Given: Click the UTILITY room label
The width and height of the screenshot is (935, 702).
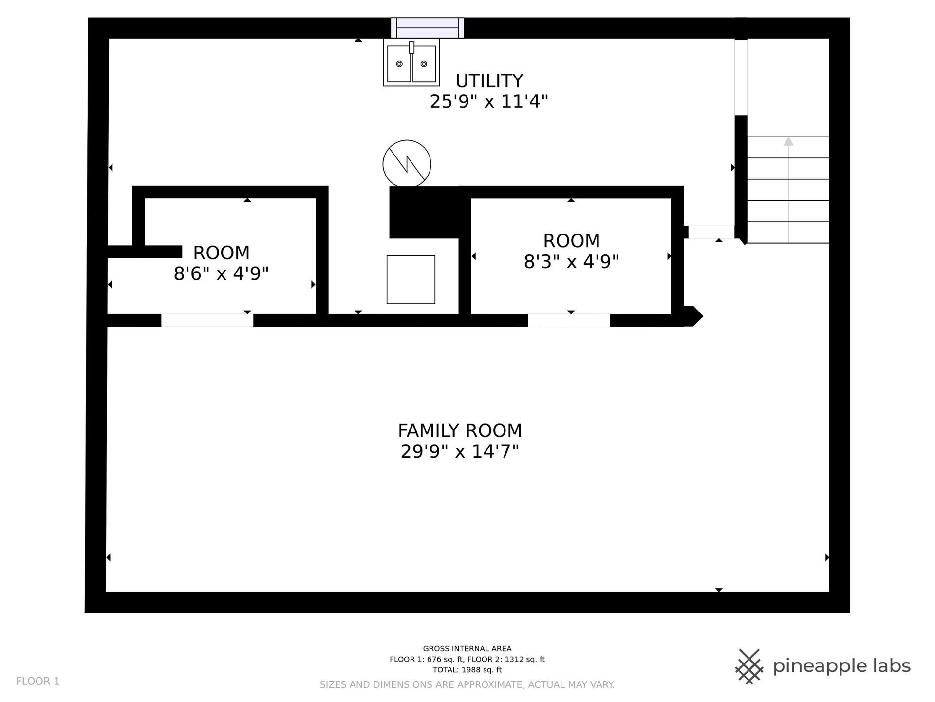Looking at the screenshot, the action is tap(489, 80).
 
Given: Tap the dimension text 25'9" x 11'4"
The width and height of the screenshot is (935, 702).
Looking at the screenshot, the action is tap(489, 102).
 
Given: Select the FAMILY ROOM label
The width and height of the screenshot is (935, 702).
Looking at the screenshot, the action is tap(460, 430).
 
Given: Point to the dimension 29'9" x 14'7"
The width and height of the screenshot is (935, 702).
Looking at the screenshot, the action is tap(460, 452).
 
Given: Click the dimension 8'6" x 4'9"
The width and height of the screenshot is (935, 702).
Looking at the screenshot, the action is tap(221, 274).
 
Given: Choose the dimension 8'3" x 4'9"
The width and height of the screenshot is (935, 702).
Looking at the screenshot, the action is tap(571, 262).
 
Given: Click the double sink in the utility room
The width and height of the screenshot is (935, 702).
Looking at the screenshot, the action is tap(411, 62).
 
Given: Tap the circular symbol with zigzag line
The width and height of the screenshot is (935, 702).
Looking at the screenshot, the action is tap(407, 164).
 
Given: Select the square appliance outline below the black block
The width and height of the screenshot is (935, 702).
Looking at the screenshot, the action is tap(411, 280).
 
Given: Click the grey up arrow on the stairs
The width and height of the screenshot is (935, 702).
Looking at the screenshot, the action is tap(788, 190).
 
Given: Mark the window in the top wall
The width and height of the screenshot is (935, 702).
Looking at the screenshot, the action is tap(427, 28).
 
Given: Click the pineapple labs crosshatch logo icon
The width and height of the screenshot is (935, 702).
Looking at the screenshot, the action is tap(749, 666).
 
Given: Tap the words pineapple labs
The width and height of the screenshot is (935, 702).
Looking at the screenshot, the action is tap(841, 666).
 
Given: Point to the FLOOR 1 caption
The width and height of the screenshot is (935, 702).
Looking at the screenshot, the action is tap(38, 681).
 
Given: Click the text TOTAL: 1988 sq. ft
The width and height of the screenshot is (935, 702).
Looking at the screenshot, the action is tap(467, 670).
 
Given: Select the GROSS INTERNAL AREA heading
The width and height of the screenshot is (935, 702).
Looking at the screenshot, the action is tap(467, 649).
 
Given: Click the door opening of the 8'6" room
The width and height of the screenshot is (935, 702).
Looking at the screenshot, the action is tap(207, 320).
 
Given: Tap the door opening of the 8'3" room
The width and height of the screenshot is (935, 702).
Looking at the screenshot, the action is tap(569, 320).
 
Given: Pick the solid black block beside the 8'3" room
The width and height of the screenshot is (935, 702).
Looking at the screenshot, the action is tap(424, 212).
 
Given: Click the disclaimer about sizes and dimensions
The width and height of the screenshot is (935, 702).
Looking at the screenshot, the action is tap(467, 685).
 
